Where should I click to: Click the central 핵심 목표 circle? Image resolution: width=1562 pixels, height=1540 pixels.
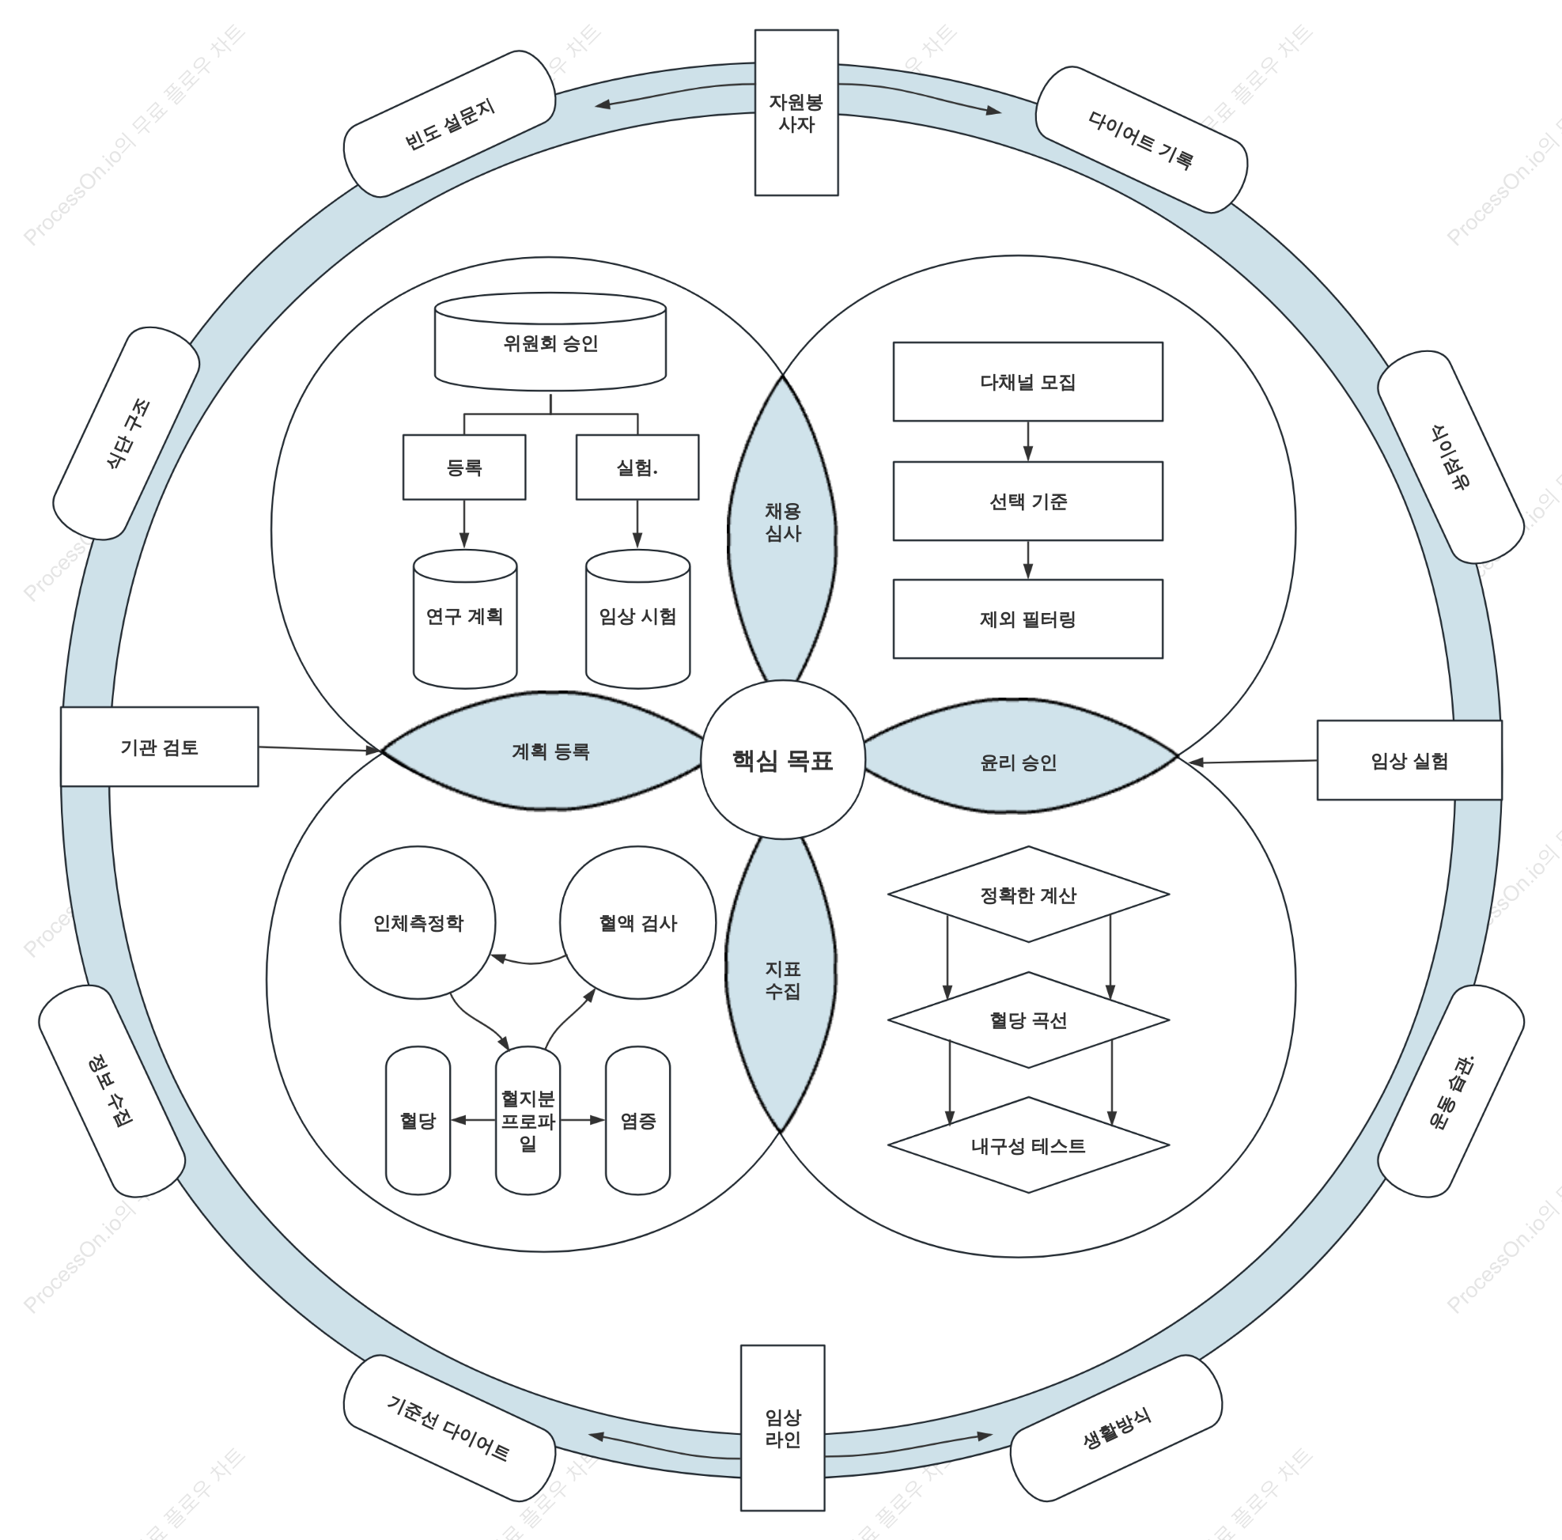pyautogui.click(x=782, y=759)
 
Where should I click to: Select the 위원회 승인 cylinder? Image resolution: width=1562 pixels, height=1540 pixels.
pyautogui.click(x=550, y=342)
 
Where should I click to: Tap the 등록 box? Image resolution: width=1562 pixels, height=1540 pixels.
pyautogui.click(x=464, y=467)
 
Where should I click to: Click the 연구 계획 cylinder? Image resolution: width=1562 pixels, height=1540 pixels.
pyautogui.click(x=465, y=619)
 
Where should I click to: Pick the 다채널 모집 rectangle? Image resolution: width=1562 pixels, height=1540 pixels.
pyautogui.click(x=1027, y=381)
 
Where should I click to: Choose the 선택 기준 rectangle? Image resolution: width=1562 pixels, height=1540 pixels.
pyautogui.click(x=1027, y=501)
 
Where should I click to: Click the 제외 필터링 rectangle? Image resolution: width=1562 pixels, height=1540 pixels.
pyautogui.click(x=1027, y=619)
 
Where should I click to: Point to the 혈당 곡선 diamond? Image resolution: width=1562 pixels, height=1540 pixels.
pyautogui.click(x=1028, y=1020)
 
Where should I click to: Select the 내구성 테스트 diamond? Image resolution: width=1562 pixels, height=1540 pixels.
pyautogui.click(x=1028, y=1145)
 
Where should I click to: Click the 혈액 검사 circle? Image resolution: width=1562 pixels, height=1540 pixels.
pyautogui.click(x=638, y=922)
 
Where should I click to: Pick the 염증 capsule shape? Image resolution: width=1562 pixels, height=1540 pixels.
pyautogui.click(x=638, y=1121)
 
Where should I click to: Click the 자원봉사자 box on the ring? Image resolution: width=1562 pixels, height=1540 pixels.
pyautogui.click(x=796, y=112)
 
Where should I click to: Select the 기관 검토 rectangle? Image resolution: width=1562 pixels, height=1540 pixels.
pyautogui.click(x=159, y=747)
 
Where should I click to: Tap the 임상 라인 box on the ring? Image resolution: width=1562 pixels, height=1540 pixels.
pyautogui.click(x=783, y=1428)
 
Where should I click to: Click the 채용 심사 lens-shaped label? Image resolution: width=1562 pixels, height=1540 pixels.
pyautogui.click(x=782, y=526)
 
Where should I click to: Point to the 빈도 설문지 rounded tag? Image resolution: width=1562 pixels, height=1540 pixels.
pyautogui.click(x=449, y=123)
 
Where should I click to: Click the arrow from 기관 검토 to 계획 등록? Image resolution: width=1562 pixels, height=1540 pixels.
pyautogui.click(x=320, y=749)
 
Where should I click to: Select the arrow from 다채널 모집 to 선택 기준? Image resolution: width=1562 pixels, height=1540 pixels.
pyautogui.click(x=1027, y=441)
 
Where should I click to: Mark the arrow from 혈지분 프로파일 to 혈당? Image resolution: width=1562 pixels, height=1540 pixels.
pyautogui.click(x=473, y=1121)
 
